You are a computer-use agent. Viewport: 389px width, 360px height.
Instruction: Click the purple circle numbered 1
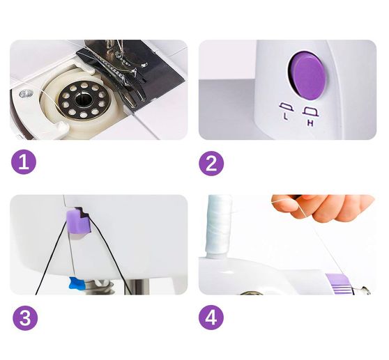click(x=24, y=163)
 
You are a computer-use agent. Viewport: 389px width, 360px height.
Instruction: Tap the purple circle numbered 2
click(x=211, y=164)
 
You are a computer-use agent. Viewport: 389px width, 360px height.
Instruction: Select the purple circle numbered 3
click(x=25, y=318)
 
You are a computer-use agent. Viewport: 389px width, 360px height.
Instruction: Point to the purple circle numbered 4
click(x=211, y=318)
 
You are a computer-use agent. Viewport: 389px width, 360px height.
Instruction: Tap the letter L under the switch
click(x=286, y=116)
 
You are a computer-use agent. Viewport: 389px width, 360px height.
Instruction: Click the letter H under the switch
click(x=310, y=123)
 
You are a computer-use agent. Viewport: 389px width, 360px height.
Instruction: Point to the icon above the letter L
click(x=286, y=107)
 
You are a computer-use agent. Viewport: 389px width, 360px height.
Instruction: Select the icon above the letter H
click(x=311, y=112)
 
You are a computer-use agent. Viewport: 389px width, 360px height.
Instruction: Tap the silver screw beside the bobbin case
click(x=26, y=93)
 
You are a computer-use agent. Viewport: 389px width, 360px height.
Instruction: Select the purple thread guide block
click(x=78, y=221)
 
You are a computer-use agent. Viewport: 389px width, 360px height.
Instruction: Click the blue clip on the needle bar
click(x=77, y=283)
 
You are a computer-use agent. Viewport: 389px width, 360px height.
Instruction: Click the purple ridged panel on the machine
click(x=339, y=284)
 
